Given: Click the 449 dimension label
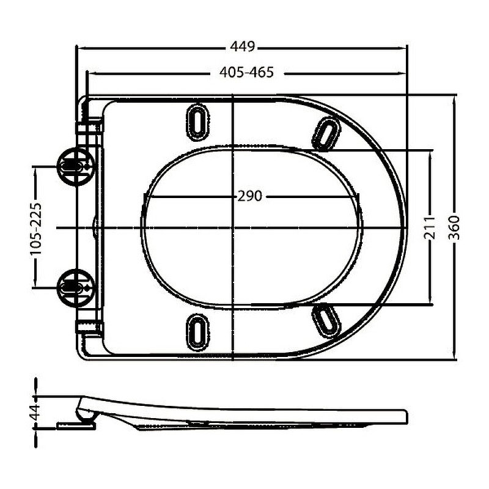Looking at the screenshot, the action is pyautogui.click(x=242, y=46).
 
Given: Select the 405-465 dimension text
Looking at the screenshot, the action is pyautogui.click(x=246, y=72).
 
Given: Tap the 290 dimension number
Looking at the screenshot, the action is pyautogui.click(x=249, y=196).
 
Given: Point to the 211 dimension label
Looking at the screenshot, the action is pyautogui.click(x=429, y=227).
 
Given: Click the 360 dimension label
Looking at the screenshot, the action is pyautogui.click(x=454, y=227).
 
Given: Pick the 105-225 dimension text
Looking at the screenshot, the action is pyautogui.click(x=36, y=229).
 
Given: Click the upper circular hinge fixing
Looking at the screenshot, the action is pyautogui.click(x=76, y=167).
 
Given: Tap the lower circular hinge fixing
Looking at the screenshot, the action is pyautogui.click(x=76, y=288).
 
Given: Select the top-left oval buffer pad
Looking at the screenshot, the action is pyautogui.click(x=197, y=122).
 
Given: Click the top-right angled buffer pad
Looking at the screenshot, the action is pyautogui.click(x=326, y=133).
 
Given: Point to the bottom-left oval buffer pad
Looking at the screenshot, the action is pyautogui.click(x=197, y=332).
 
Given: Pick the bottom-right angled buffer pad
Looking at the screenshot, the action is pyautogui.click(x=326, y=321).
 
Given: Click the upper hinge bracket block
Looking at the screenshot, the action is pyautogui.click(x=89, y=127).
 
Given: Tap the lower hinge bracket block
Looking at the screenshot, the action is pyautogui.click(x=89, y=328).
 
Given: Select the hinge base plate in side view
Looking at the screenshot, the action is pyautogui.click(x=76, y=425).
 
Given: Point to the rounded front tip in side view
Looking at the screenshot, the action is pyautogui.click(x=405, y=416).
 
